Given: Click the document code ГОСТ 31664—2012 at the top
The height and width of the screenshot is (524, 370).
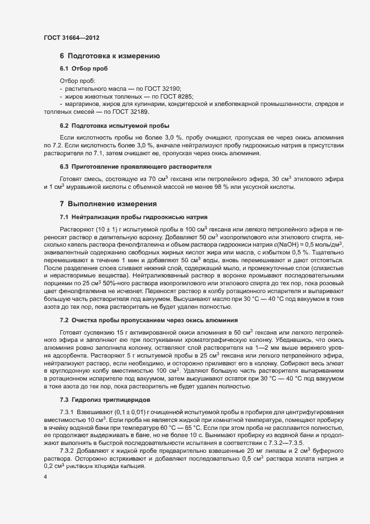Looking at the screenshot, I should (72, 38).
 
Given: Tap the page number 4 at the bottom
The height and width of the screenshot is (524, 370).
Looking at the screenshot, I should (45, 477).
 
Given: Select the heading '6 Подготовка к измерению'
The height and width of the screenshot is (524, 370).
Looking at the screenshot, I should (110, 56).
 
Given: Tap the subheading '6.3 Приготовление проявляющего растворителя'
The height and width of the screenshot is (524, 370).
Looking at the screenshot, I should (135, 167).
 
